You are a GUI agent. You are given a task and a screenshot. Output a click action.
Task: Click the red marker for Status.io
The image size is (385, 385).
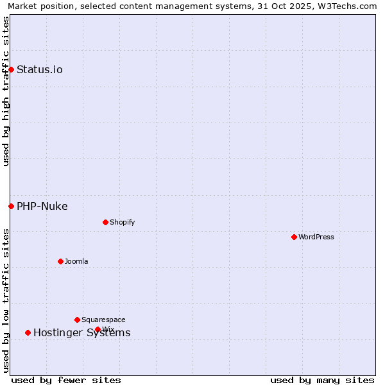12,69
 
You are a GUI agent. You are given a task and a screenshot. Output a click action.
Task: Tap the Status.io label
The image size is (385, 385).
40,69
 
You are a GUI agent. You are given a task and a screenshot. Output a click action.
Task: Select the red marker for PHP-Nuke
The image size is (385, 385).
12,206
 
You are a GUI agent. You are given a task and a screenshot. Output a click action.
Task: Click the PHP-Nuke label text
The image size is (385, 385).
42,206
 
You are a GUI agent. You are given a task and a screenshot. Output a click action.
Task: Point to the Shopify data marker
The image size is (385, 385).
105,223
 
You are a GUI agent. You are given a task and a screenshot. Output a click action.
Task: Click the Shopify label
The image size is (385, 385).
122,223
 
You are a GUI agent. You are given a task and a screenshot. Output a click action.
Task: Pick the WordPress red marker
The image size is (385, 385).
294,237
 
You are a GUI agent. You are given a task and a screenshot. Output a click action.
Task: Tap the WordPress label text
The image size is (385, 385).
316,237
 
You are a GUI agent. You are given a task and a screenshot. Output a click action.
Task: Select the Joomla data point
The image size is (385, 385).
60,261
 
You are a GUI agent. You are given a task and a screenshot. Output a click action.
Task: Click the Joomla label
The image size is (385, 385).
76,261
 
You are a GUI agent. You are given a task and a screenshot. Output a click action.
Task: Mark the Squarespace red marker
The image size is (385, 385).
77,320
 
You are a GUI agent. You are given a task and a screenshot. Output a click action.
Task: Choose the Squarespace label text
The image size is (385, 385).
103,320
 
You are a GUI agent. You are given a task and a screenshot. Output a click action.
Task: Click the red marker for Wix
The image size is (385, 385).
98,329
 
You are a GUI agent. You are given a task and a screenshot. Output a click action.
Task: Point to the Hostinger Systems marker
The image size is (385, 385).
28,332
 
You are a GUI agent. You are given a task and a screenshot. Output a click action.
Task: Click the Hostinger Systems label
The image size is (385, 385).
81,332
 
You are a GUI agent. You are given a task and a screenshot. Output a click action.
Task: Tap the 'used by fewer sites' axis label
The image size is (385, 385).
66,380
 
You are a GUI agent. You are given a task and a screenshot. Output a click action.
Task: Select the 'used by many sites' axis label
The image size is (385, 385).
322,380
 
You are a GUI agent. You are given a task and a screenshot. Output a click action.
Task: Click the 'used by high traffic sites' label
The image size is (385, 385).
6,91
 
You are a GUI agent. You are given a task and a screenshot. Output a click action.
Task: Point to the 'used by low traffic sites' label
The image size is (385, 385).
6,300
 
